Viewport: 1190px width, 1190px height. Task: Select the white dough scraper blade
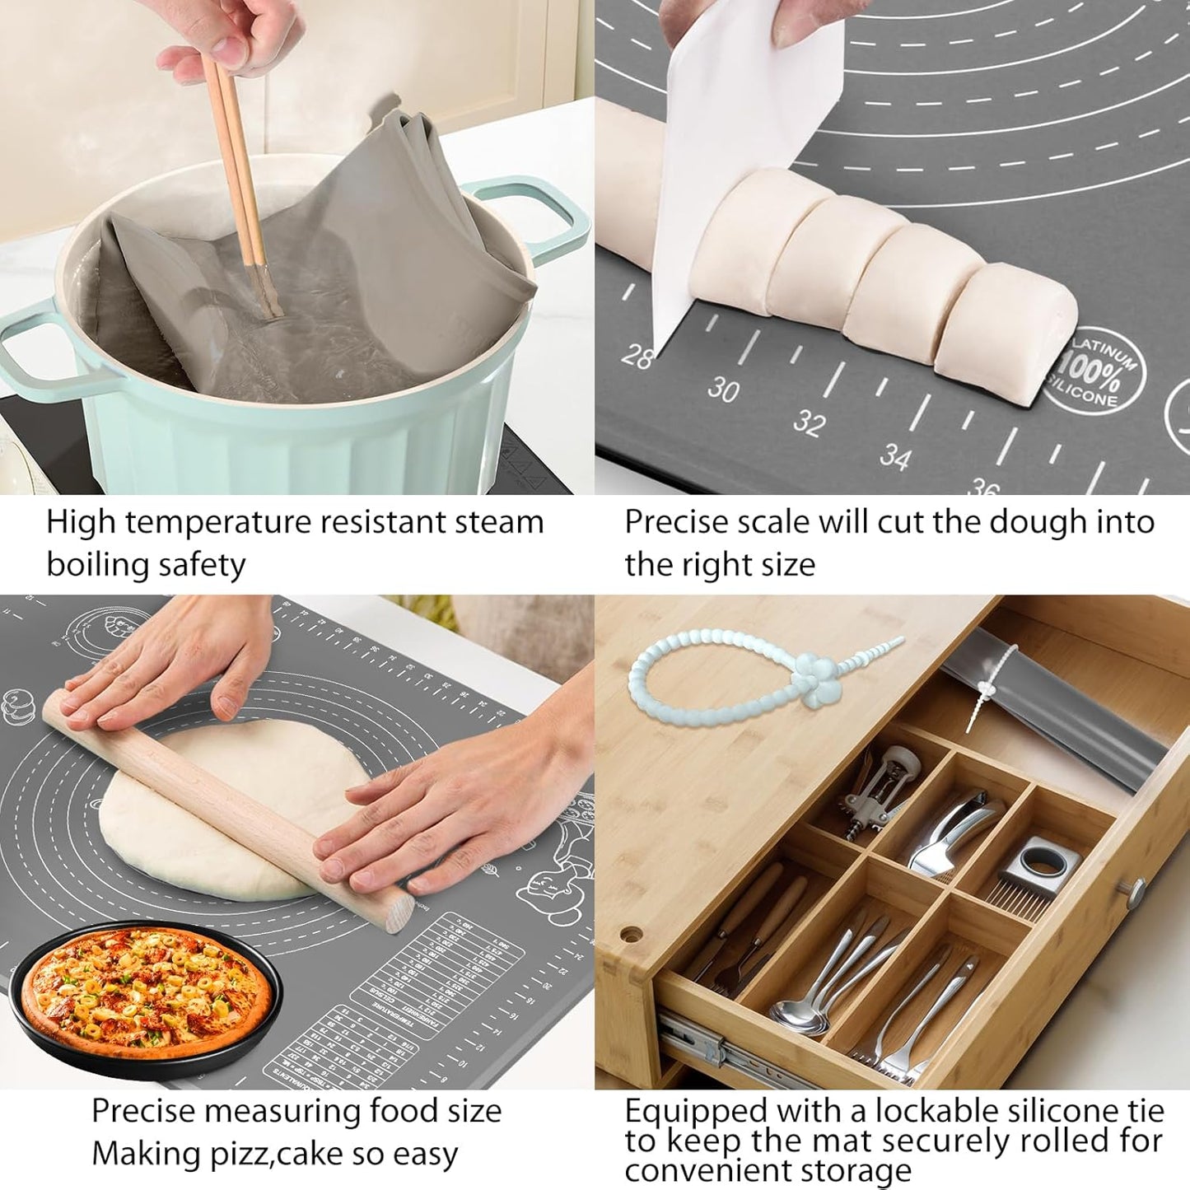(x=725, y=124)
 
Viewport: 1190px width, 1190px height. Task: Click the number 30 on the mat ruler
(x=723, y=389)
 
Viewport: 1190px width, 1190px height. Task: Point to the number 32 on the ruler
(x=809, y=422)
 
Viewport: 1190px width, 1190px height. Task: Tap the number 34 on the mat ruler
(x=895, y=455)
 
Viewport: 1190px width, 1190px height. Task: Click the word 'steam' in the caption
(x=498, y=523)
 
